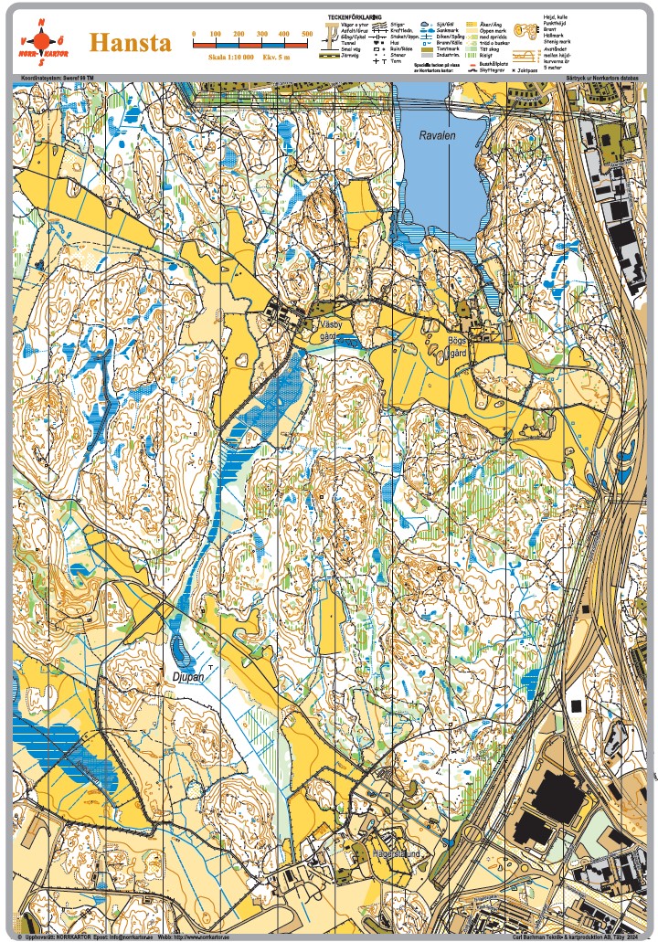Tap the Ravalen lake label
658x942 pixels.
click(x=436, y=134)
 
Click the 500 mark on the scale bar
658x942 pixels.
click(x=306, y=34)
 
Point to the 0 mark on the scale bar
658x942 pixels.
click(x=194, y=34)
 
